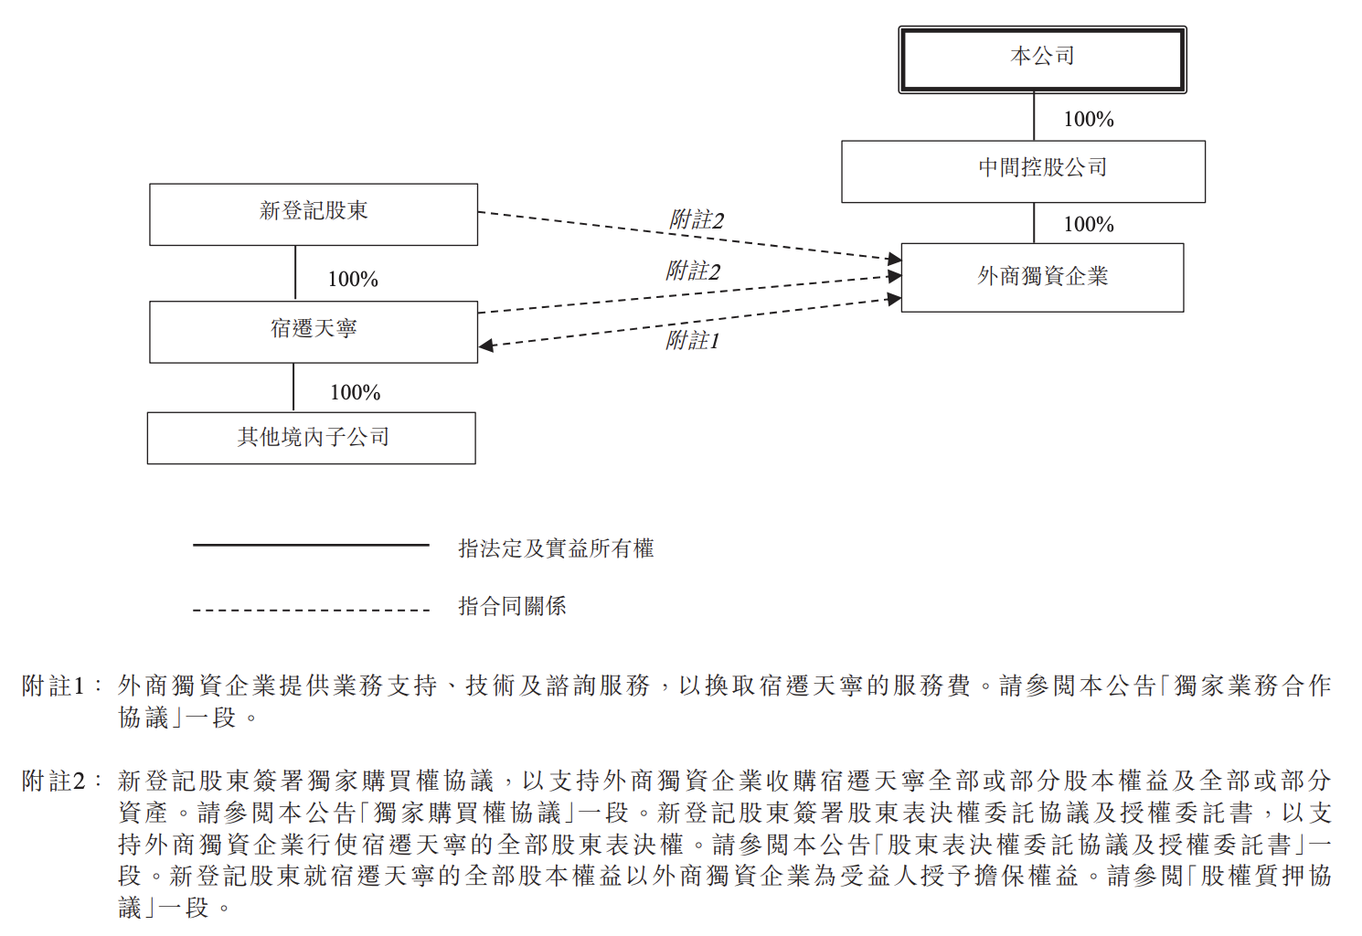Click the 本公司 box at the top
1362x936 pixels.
tap(1042, 59)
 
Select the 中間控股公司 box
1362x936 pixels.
tap(1023, 172)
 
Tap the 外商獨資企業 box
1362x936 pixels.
tap(1042, 278)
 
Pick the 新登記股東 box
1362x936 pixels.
tap(314, 215)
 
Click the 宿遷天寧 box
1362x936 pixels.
tap(314, 332)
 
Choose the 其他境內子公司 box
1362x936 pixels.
tap(312, 439)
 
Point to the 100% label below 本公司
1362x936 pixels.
tap(1089, 119)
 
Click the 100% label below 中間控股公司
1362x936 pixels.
tap(1089, 225)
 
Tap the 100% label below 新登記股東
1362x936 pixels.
tap(353, 279)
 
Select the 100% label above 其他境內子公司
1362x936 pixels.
tap(355, 392)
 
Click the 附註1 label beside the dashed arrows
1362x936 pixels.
tap(693, 341)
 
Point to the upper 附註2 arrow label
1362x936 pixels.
tap(697, 219)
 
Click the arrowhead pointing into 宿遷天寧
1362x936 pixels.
tap(485, 346)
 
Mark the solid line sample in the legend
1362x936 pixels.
tap(312, 545)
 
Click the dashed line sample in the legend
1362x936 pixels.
tap(312, 610)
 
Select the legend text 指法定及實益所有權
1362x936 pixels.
tap(556, 548)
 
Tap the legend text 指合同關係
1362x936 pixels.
tap(512, 606)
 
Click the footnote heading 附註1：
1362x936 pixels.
tap(62, 686)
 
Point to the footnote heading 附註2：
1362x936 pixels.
tap(62, 781)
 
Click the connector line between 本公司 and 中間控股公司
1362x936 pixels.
tap(1034, 117)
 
